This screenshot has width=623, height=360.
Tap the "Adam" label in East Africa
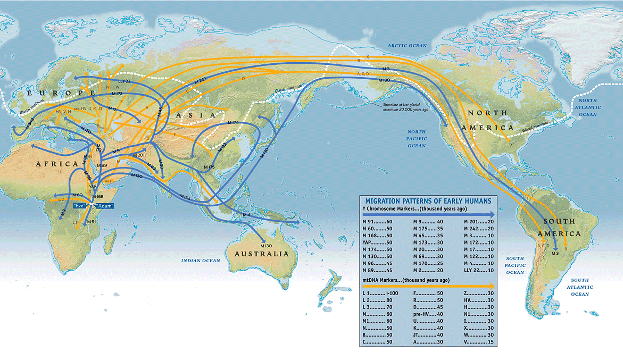click(x=104, y=205)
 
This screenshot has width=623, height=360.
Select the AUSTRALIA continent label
click(x=261, y=254)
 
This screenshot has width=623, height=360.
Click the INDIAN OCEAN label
click(x=201, y=261)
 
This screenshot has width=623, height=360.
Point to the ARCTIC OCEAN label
click(x=407, y=46)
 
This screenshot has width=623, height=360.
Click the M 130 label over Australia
click(x=266, y=246)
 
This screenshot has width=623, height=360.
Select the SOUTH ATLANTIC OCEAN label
click(x=579, y=287)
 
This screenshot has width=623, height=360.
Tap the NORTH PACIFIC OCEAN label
click(x=417, y=138)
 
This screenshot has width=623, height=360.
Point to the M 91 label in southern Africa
click(x=91, y=222)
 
